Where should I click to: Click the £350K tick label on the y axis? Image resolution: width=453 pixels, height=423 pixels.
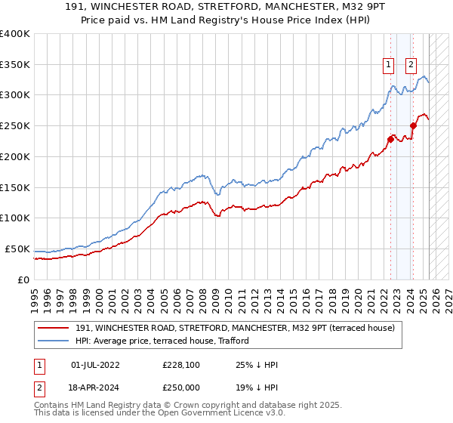click(14, 64)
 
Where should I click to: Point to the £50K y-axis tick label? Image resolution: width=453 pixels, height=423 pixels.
click(17, 249)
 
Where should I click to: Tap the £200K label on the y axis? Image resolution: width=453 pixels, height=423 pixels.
click(14, 156)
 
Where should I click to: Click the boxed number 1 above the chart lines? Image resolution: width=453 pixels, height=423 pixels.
click(388, 65)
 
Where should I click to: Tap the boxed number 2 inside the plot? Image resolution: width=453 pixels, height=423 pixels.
click(411, 65)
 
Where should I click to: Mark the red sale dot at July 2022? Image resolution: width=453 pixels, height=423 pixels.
click(390, 139)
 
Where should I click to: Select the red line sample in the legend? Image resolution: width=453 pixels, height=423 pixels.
click(53, 329)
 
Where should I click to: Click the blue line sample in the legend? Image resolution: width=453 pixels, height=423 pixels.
click(53, 341)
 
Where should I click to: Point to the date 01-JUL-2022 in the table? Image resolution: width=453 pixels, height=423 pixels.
click(95, 364)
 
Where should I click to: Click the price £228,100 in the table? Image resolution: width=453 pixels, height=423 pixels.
click(182, 364)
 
